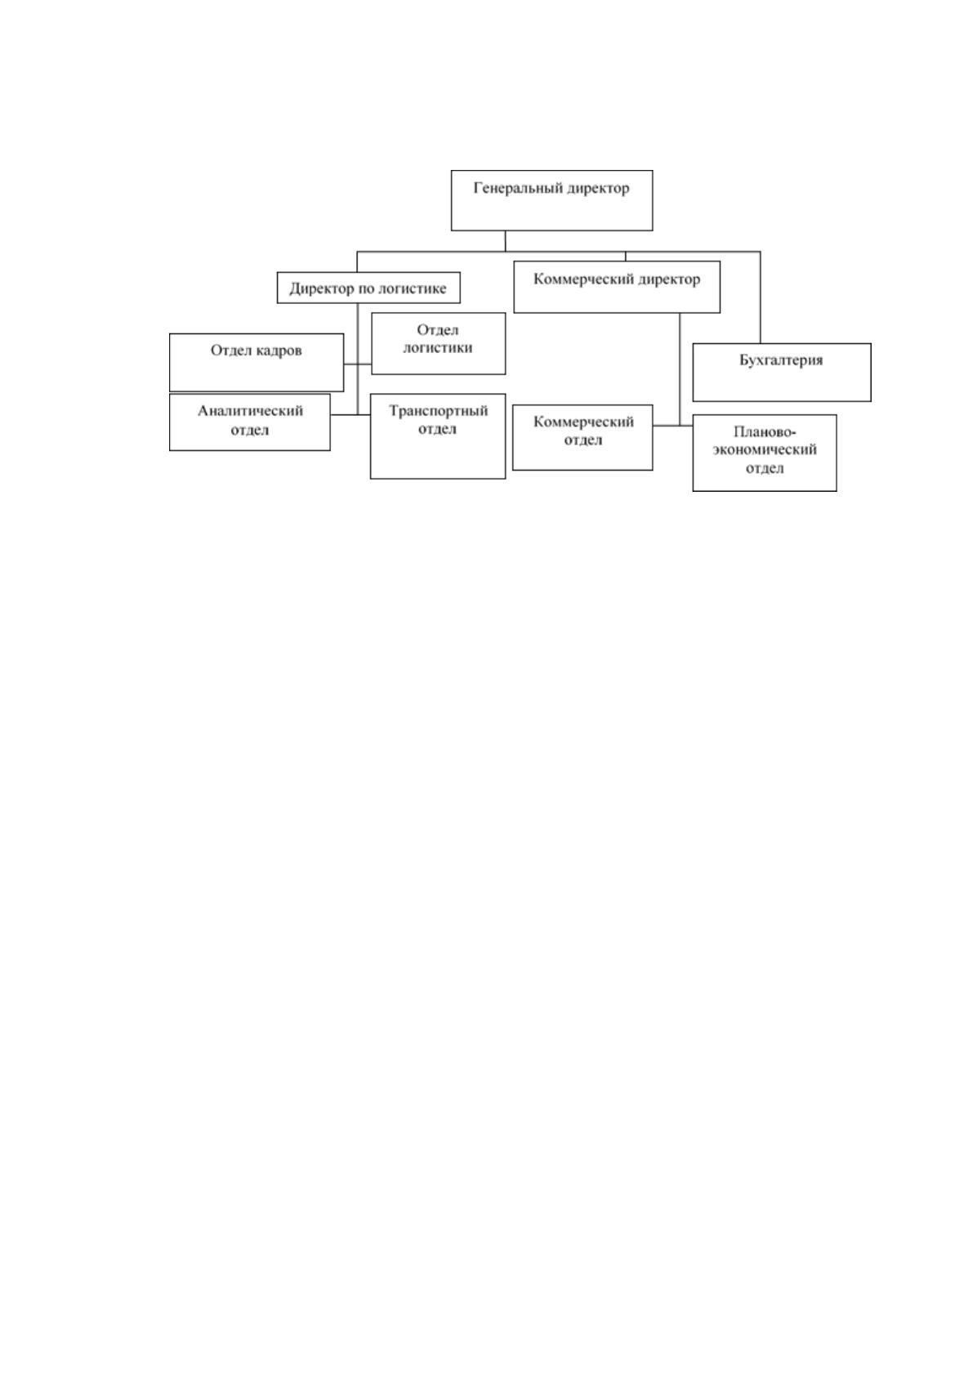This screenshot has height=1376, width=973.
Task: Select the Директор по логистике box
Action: click(x=368, y=288)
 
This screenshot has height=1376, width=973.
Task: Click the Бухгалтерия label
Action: click(x=781, y=360)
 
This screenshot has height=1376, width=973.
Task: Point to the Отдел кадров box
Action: click(x=257, y=363)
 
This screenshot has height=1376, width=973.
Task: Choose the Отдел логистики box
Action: click(x=439, y=343)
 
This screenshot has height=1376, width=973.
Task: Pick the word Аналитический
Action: click(x=250, y=411)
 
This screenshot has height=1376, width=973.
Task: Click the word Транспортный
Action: click(x=438, y=410)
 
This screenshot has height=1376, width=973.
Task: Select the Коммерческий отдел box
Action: click(x=582, y=437)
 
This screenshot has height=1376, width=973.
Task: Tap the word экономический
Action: click(x=765, y=449)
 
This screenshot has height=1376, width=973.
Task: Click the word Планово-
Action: click(x=765, y=431)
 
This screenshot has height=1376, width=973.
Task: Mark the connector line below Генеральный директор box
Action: click(x=506, y=241)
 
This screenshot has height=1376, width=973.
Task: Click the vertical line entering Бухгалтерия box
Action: click(x=761, y=297)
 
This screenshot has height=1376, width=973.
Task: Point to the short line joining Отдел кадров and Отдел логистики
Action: click(x=358, y=364)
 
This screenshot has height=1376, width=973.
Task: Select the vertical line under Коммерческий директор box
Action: click(x=680, y=369)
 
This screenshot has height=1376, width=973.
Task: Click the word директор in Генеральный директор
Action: click(x=598, y=188)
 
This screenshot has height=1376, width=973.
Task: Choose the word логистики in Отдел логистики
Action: click(x=437, y=348)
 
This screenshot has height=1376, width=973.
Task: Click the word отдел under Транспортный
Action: click(x=437, y=429)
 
